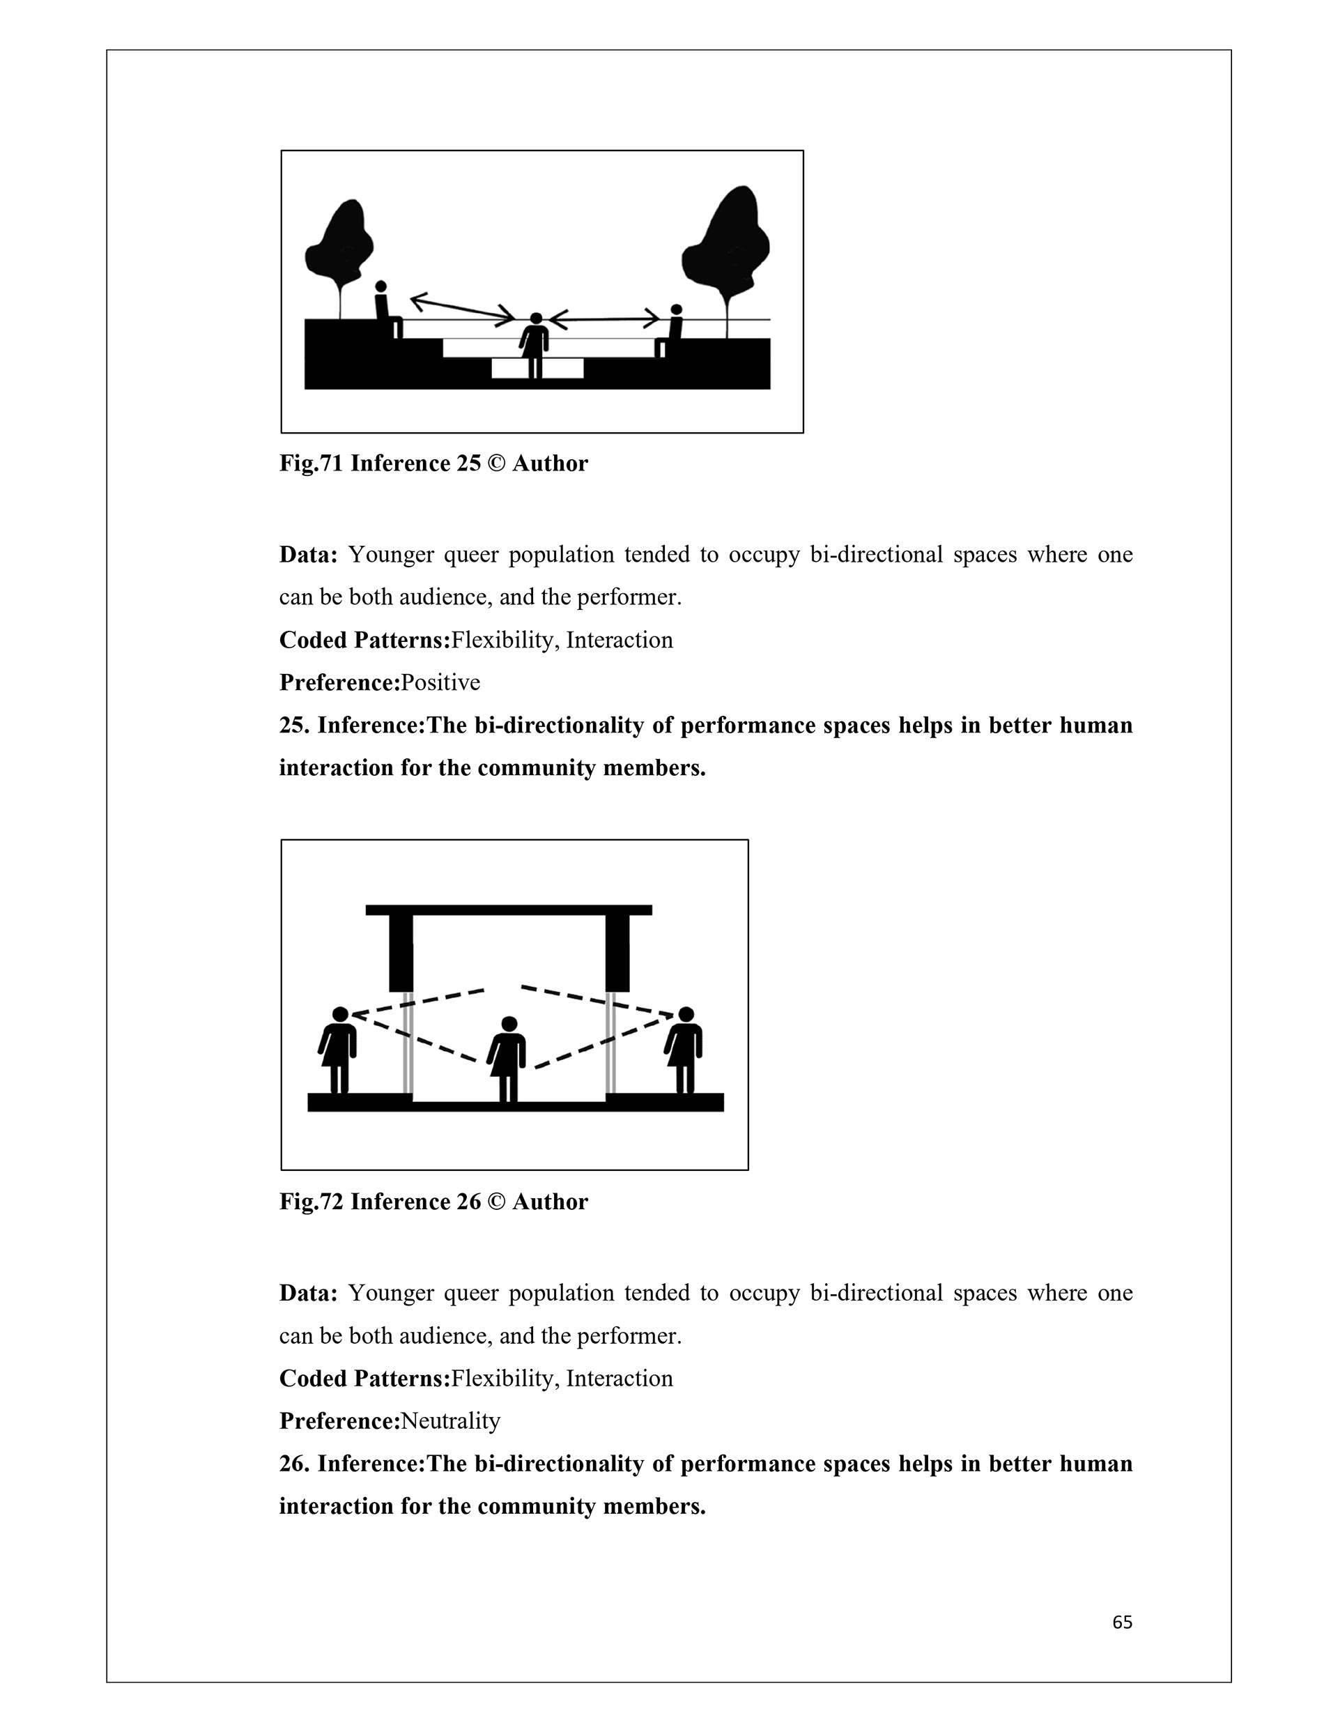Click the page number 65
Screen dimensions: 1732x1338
[x=1121, y=1623]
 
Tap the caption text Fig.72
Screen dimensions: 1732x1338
[x=311, y=1202]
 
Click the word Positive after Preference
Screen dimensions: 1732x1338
[x=440, y=683]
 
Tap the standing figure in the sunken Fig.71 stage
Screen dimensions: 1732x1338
[x=535, y=345]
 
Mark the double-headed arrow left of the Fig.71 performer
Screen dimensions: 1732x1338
[x=463, y=310]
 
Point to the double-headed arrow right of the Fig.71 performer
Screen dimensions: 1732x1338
[x=604, y=320]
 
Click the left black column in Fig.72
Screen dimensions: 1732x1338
[x=401, y=951]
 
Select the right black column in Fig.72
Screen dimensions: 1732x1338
[x=617, y=951]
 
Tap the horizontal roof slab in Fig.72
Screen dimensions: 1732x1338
[x=509, y=910]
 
